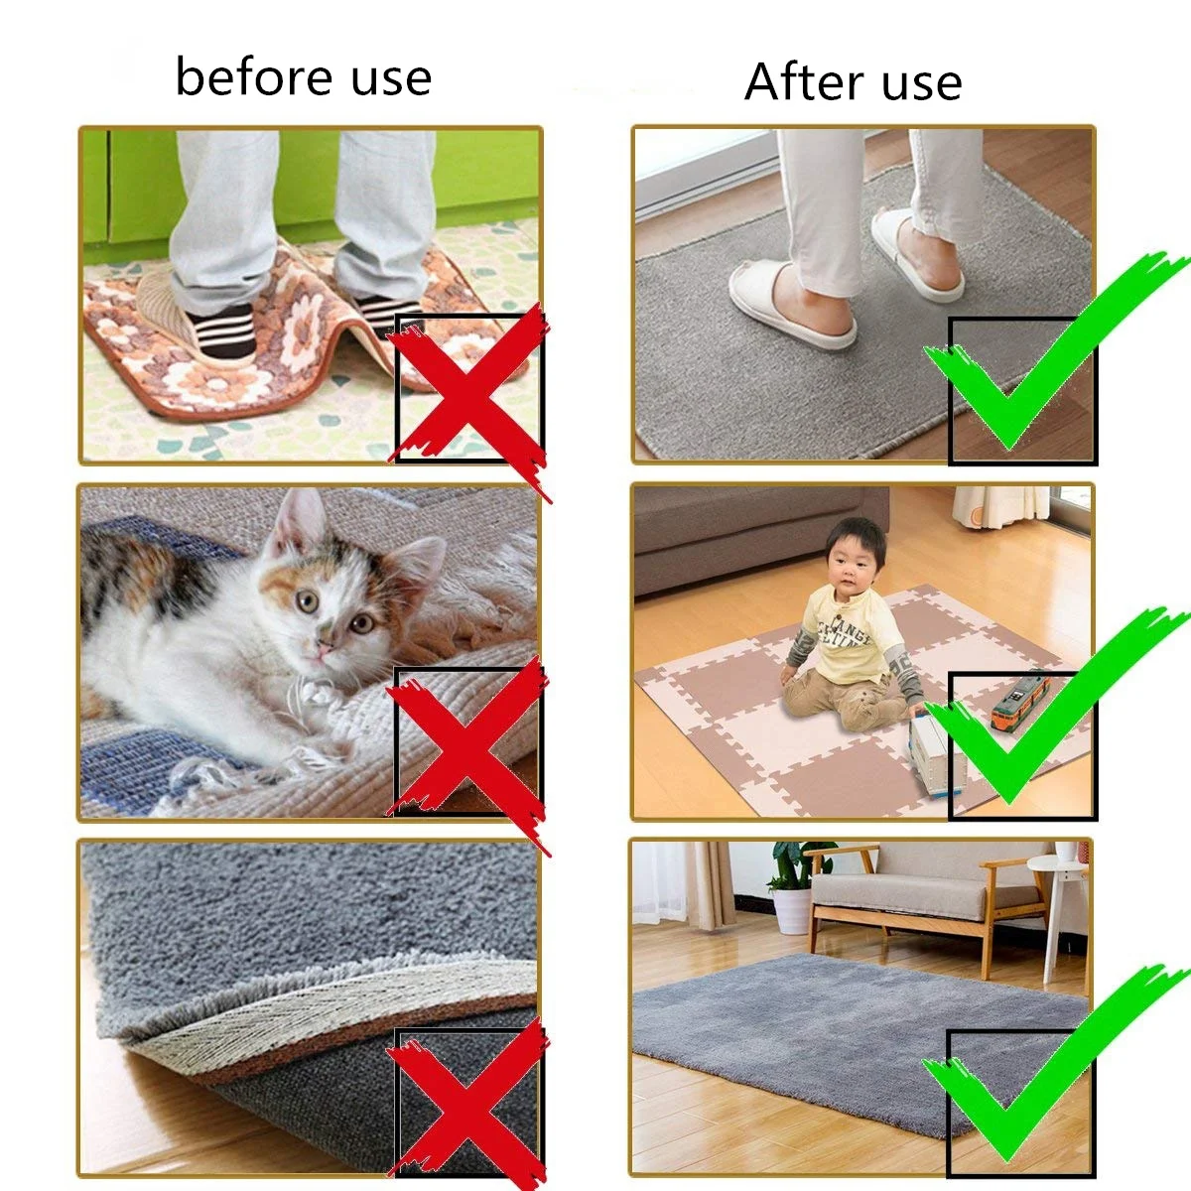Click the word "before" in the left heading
tap(254, 76)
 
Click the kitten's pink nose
tap(324, 647)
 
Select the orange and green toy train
tap(1020, 703)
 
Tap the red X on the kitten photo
tap(467, 755)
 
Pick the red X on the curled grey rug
tap(467, 1107)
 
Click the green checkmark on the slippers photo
tap(1051, 352)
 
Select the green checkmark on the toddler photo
tap(1051, 705)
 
